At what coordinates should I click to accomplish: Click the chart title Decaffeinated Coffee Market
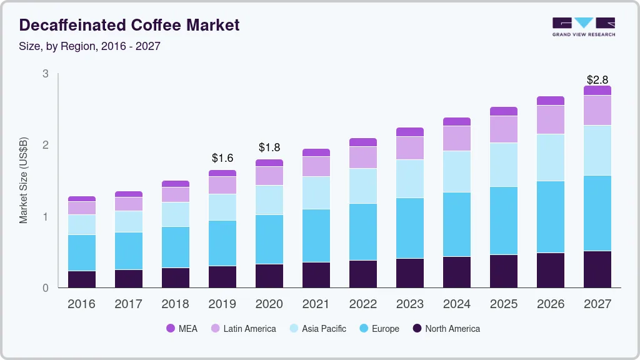point(129,26)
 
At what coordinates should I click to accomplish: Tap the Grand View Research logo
point(584,26)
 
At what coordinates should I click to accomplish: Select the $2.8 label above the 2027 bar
point(597,79)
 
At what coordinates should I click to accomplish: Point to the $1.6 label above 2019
point(222,158)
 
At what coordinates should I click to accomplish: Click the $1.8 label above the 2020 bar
point(269,147)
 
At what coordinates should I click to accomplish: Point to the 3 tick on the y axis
point(45,74)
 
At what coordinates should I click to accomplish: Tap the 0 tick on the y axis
point(45,288)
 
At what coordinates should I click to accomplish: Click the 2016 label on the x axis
point(81,304)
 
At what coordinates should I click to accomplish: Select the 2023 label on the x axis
point(410,304)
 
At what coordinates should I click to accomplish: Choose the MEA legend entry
point(182,329)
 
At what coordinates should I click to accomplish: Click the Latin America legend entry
point(243,329)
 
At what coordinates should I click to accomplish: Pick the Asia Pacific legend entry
point(317,329)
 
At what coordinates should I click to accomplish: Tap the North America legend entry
point(446,329)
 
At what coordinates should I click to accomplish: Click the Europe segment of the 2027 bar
point(597,213)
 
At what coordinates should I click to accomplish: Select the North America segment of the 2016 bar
point(81,279)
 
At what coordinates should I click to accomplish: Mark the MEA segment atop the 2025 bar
point(503,111)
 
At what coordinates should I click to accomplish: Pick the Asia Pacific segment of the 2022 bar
point(362,186)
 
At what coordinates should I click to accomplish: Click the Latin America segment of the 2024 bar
point(456,138)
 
